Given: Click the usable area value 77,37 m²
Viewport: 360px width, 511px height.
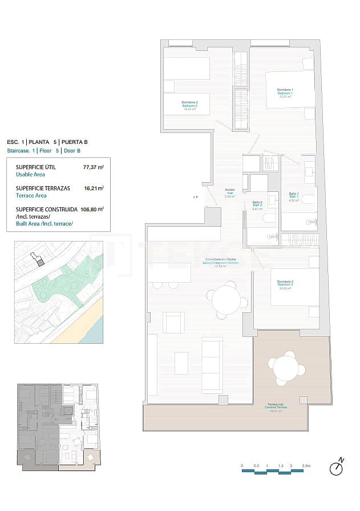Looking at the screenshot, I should pos(93,167).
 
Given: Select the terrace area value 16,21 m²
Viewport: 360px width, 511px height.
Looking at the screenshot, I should pos(94,188).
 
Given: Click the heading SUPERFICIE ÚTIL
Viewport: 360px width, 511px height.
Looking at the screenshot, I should pos(35,167).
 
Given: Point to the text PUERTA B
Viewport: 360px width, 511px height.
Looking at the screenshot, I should pos(74,142).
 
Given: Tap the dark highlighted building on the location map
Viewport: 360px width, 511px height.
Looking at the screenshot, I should pos(39,261).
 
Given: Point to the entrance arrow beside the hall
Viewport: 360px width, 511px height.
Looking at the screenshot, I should pos(195,197).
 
